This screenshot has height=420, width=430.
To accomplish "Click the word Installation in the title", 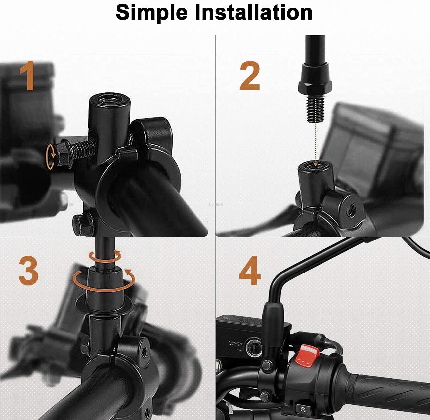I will pyautogui.click(x=253, y=13).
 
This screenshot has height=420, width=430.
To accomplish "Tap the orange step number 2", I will pyautogui.click(x=250, y=77).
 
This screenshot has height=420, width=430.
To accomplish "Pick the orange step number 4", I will pyautogui.click(x=250, y=270).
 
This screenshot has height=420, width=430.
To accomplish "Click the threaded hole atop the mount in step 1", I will pyautogui.click(x=108, y=99).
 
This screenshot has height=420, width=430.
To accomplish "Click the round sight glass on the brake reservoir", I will pyautogui.click(x=254, y=346).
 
